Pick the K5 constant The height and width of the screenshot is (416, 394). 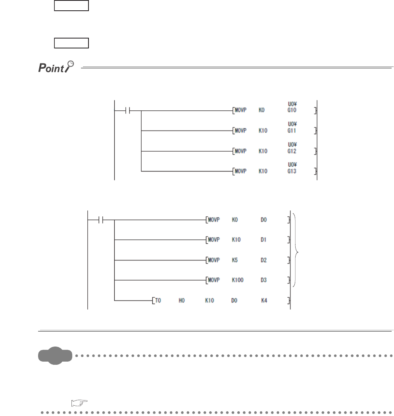point(235,260)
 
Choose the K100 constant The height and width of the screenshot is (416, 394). point(238,280)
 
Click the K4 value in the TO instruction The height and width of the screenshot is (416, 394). point(264,300)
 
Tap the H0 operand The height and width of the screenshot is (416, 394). point(182,300)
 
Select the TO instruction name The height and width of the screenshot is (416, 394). point(158,300)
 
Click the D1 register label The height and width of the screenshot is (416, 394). point(264,240)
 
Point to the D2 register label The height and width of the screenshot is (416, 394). point(264,260)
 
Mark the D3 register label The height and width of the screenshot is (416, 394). point(264,280)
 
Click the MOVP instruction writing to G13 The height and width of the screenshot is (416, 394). point(240,171)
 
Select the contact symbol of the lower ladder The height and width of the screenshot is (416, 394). point(101,220)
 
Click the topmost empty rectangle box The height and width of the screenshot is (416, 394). point(71,6)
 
